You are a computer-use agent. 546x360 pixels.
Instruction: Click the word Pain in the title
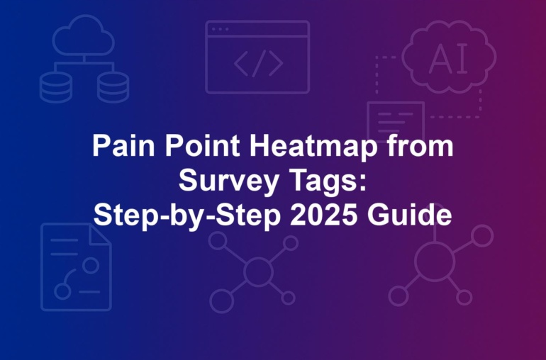[123, 145]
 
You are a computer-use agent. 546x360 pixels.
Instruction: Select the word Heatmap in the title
[313, 146]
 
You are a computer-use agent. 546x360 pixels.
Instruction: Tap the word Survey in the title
[228, 181]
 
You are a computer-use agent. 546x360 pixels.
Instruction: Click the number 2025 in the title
[323, 215]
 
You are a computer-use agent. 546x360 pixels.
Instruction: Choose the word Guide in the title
[409, 215]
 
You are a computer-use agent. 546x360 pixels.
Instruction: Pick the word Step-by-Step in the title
[187, 216]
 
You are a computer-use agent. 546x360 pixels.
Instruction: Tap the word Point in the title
[202, 145]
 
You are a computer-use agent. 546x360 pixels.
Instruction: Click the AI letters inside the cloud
[448, 59]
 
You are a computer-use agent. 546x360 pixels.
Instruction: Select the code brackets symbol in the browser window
[258, 63]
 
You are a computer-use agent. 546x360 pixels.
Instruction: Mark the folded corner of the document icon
[100, 235]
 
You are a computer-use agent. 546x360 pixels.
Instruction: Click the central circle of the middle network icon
[258, 271]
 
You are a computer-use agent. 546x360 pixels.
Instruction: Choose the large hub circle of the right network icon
[435, 261]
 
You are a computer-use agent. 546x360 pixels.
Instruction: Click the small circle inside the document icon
[91, 265]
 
